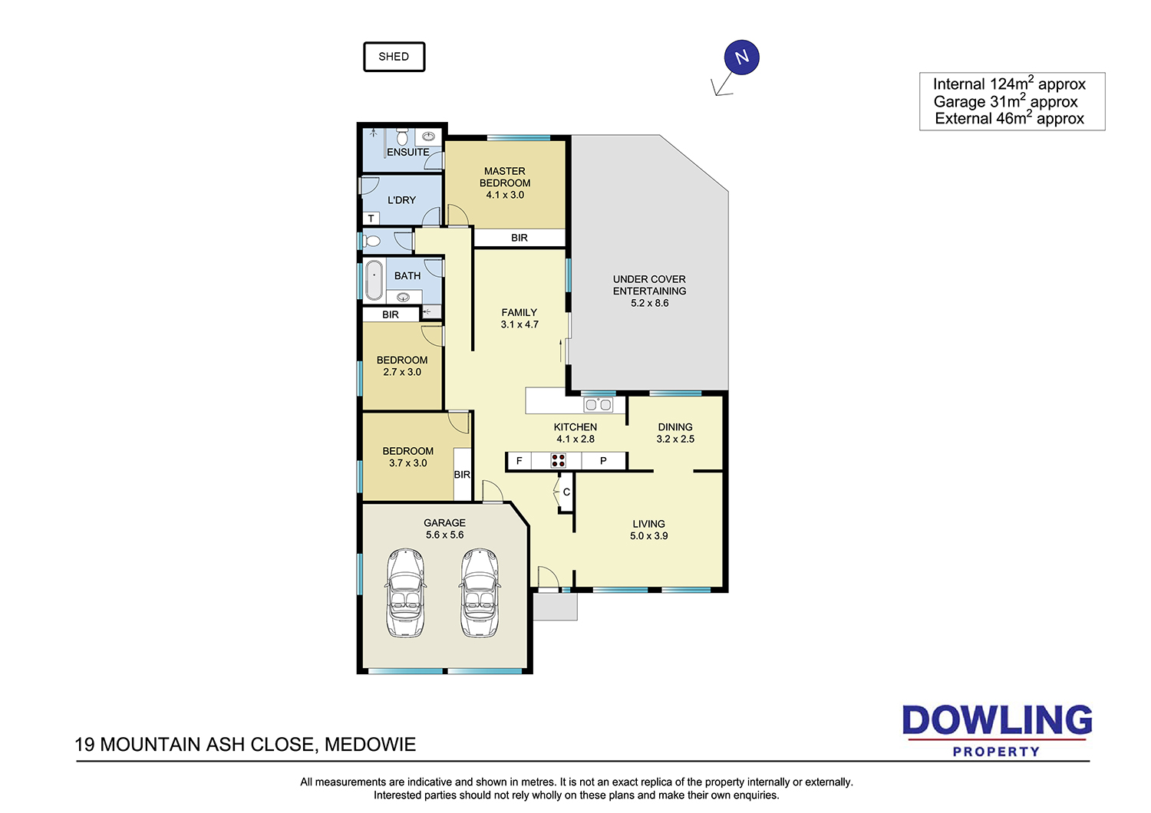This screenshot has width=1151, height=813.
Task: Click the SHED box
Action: (x=394, y=57)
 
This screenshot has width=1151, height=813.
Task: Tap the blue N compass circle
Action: (x=741, y=57)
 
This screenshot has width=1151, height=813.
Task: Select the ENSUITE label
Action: (x=408, y=152)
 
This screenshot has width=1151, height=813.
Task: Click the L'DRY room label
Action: (x=401, y=199)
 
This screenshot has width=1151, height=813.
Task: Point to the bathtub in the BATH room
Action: (x=374, y=280)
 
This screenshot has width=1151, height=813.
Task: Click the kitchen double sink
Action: (x=599, y=405)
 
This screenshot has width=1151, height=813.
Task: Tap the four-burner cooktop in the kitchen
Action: (x=558, y=460)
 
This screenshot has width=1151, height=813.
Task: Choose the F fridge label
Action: (x=519, y=461)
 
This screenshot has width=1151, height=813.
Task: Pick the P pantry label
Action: (x=603, y=461)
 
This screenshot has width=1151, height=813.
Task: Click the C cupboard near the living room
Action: (x=566, y=492)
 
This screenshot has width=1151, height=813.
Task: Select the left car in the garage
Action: (x=405, y=593)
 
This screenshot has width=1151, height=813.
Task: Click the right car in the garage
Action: (x=480, y=593)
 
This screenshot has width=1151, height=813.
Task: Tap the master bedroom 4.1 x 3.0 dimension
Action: (x=505, y=195)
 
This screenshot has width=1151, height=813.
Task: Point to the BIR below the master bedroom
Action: (x=519, y=238)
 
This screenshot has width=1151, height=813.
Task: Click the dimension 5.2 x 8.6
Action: (x=649, y=303)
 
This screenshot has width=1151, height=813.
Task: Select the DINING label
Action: (x=675, y=426)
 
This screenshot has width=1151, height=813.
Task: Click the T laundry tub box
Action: (x=371, y=219)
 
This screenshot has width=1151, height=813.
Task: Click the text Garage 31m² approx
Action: (x=1005, y=101)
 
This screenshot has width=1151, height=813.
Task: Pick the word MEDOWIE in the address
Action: (x=370, y=744)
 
